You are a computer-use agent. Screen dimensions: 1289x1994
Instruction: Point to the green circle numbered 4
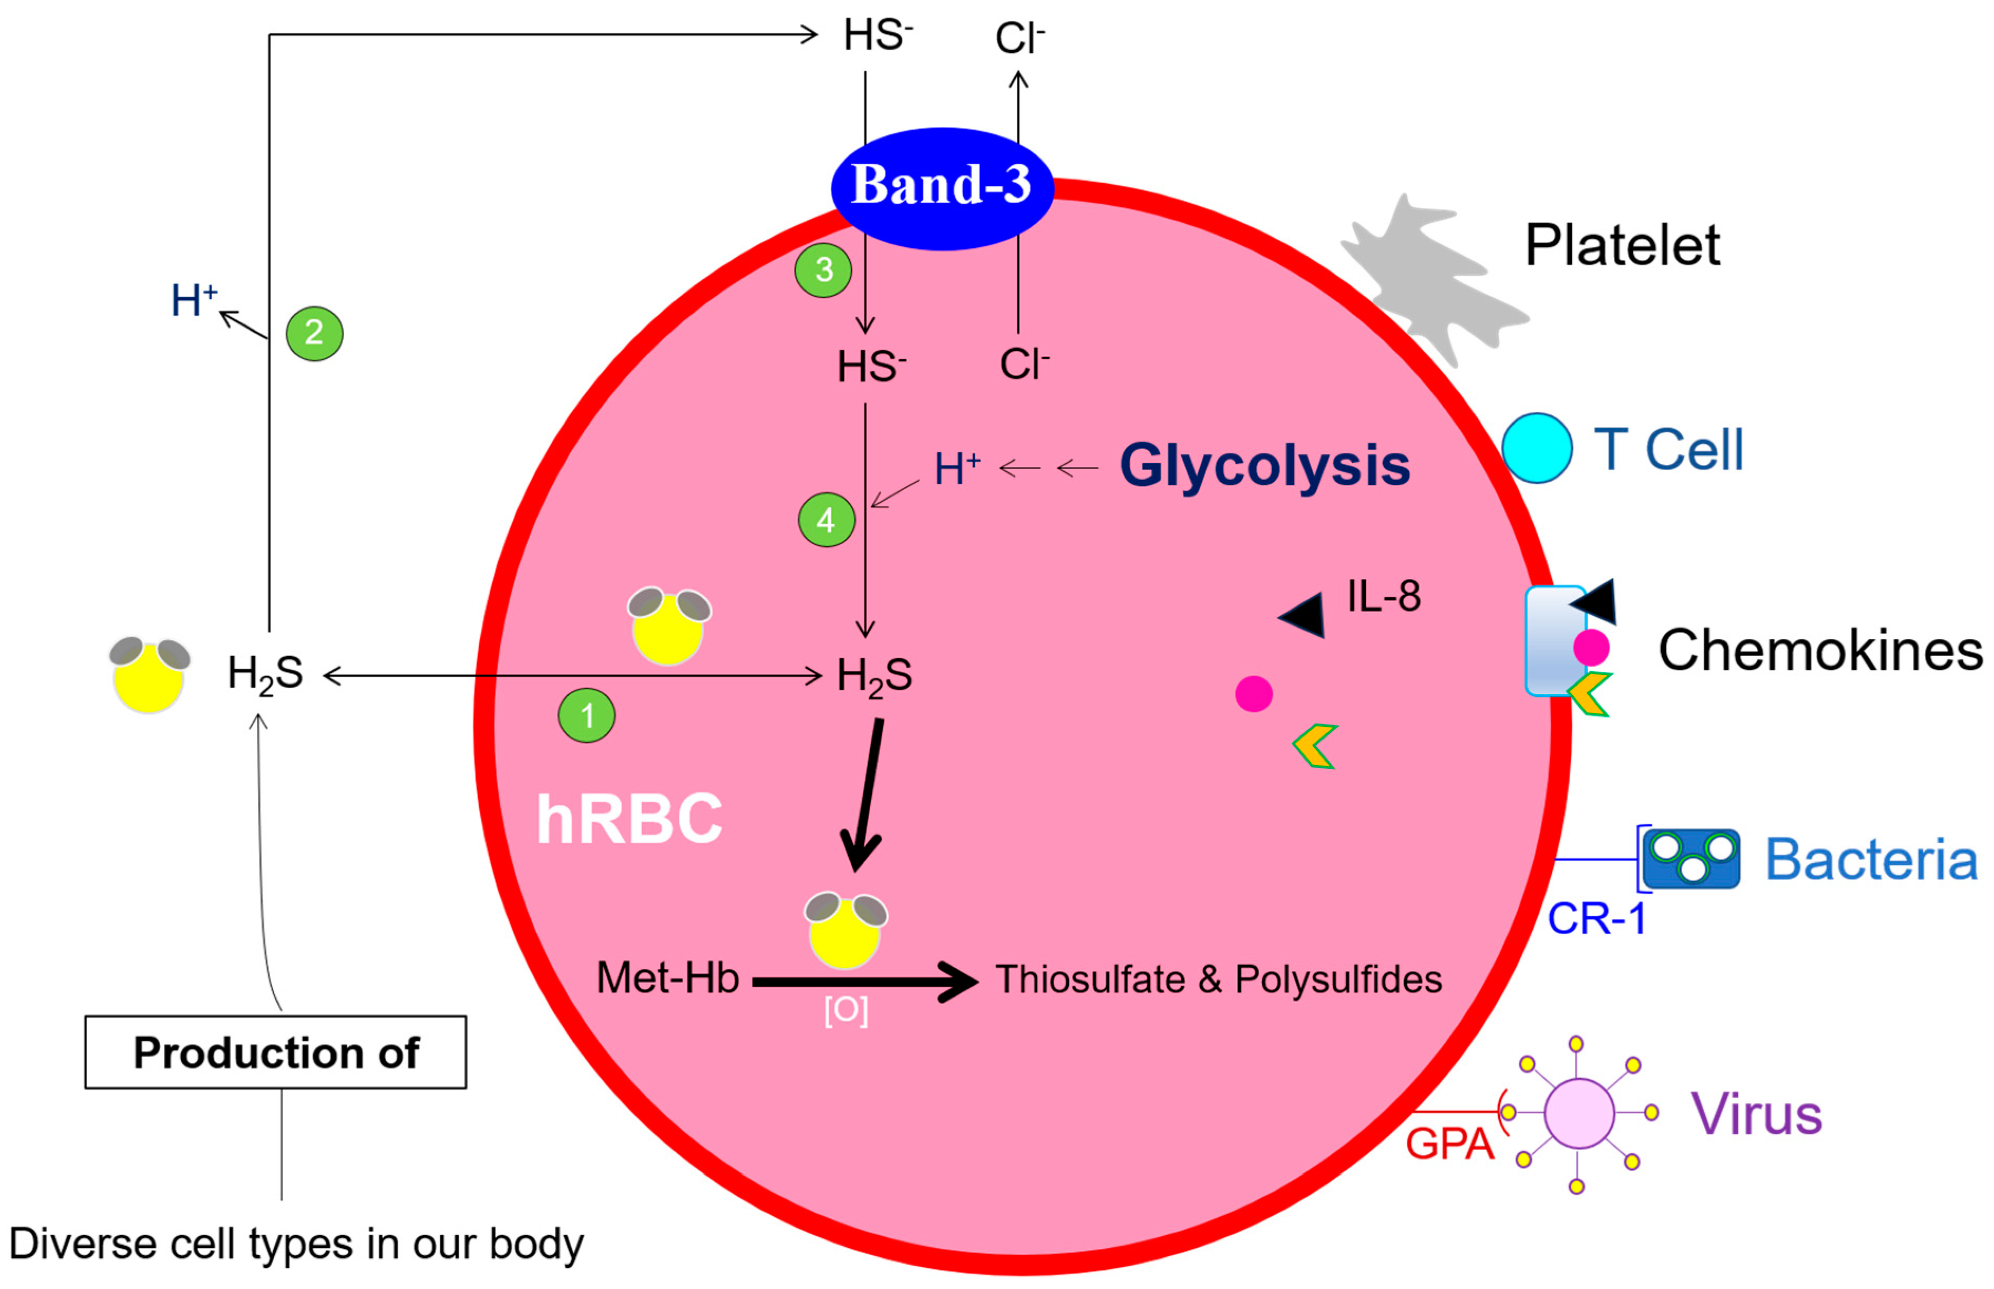826,520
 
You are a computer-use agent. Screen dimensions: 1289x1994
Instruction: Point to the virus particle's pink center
1578,1113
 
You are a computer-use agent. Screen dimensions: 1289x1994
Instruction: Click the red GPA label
1449,1143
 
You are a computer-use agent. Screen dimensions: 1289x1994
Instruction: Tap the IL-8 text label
1383,596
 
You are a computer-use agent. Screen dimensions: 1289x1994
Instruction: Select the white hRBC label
629,819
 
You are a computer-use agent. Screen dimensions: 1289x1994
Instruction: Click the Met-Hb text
667,978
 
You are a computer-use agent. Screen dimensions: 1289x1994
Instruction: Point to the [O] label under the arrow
845,1010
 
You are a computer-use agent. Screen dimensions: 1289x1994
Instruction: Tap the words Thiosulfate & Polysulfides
1218,979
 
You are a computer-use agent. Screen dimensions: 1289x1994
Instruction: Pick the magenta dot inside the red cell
1253,694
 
